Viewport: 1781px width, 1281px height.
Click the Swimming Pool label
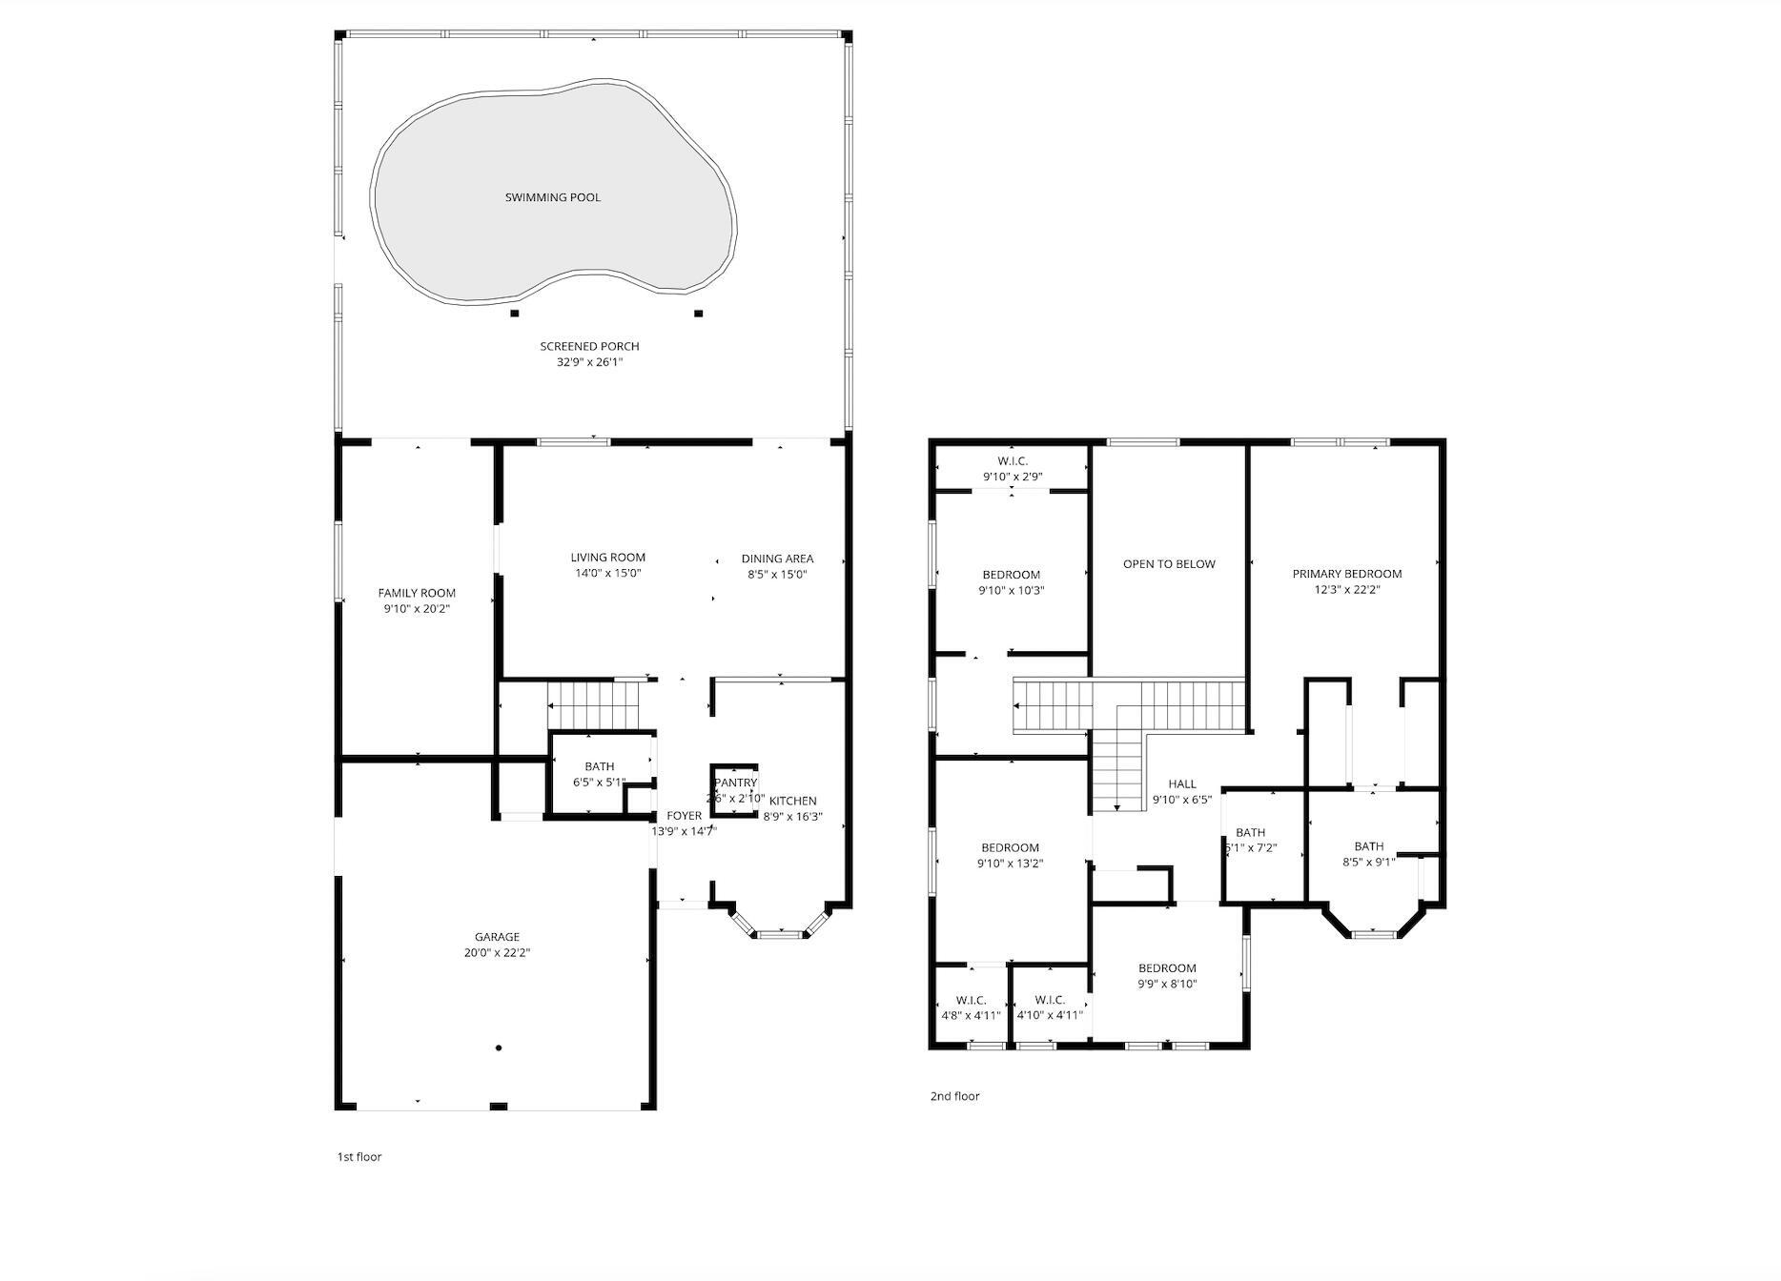pyautogui.click(x=553, y=197)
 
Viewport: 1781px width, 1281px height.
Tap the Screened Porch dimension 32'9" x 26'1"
pyautogui.click(x=589, y=362)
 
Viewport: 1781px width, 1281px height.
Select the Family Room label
pyautogui.click(x=417, y=593)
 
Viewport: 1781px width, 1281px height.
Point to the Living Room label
pyautogui.click(x=608, y=558)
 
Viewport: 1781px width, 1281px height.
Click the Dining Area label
pyautogui.click(x=777, y=559)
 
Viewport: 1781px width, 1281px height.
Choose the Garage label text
pyautogui.click(x=498, y=937)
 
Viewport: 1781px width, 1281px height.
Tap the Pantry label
pyautogui.click(x=735, y=783)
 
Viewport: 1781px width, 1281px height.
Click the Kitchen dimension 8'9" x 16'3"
pyautogui.click(x=792, y=817)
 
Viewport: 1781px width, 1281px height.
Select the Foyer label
pyautogui.click(x=684, y=816)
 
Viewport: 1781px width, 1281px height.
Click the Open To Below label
pyautogui.click(x=1169, y=564)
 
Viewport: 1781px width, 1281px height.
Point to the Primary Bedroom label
pyautogui.click(x=1346, y=574)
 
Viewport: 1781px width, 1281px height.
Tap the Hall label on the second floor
pyautogui.click(x=1181, y=784)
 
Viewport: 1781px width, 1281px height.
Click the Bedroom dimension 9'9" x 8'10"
pyautogui.click(x=1167, y=984)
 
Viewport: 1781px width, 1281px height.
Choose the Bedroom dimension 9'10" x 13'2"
pyautogui.click(x=1011, y=864)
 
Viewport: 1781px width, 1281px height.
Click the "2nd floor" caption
pyautogui.click(x=954, y=1096)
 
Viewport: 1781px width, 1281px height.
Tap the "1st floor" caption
pyautogui.click(x=358, y=1157)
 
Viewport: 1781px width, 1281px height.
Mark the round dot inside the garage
pyautogui.click(x=499, y=1048)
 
